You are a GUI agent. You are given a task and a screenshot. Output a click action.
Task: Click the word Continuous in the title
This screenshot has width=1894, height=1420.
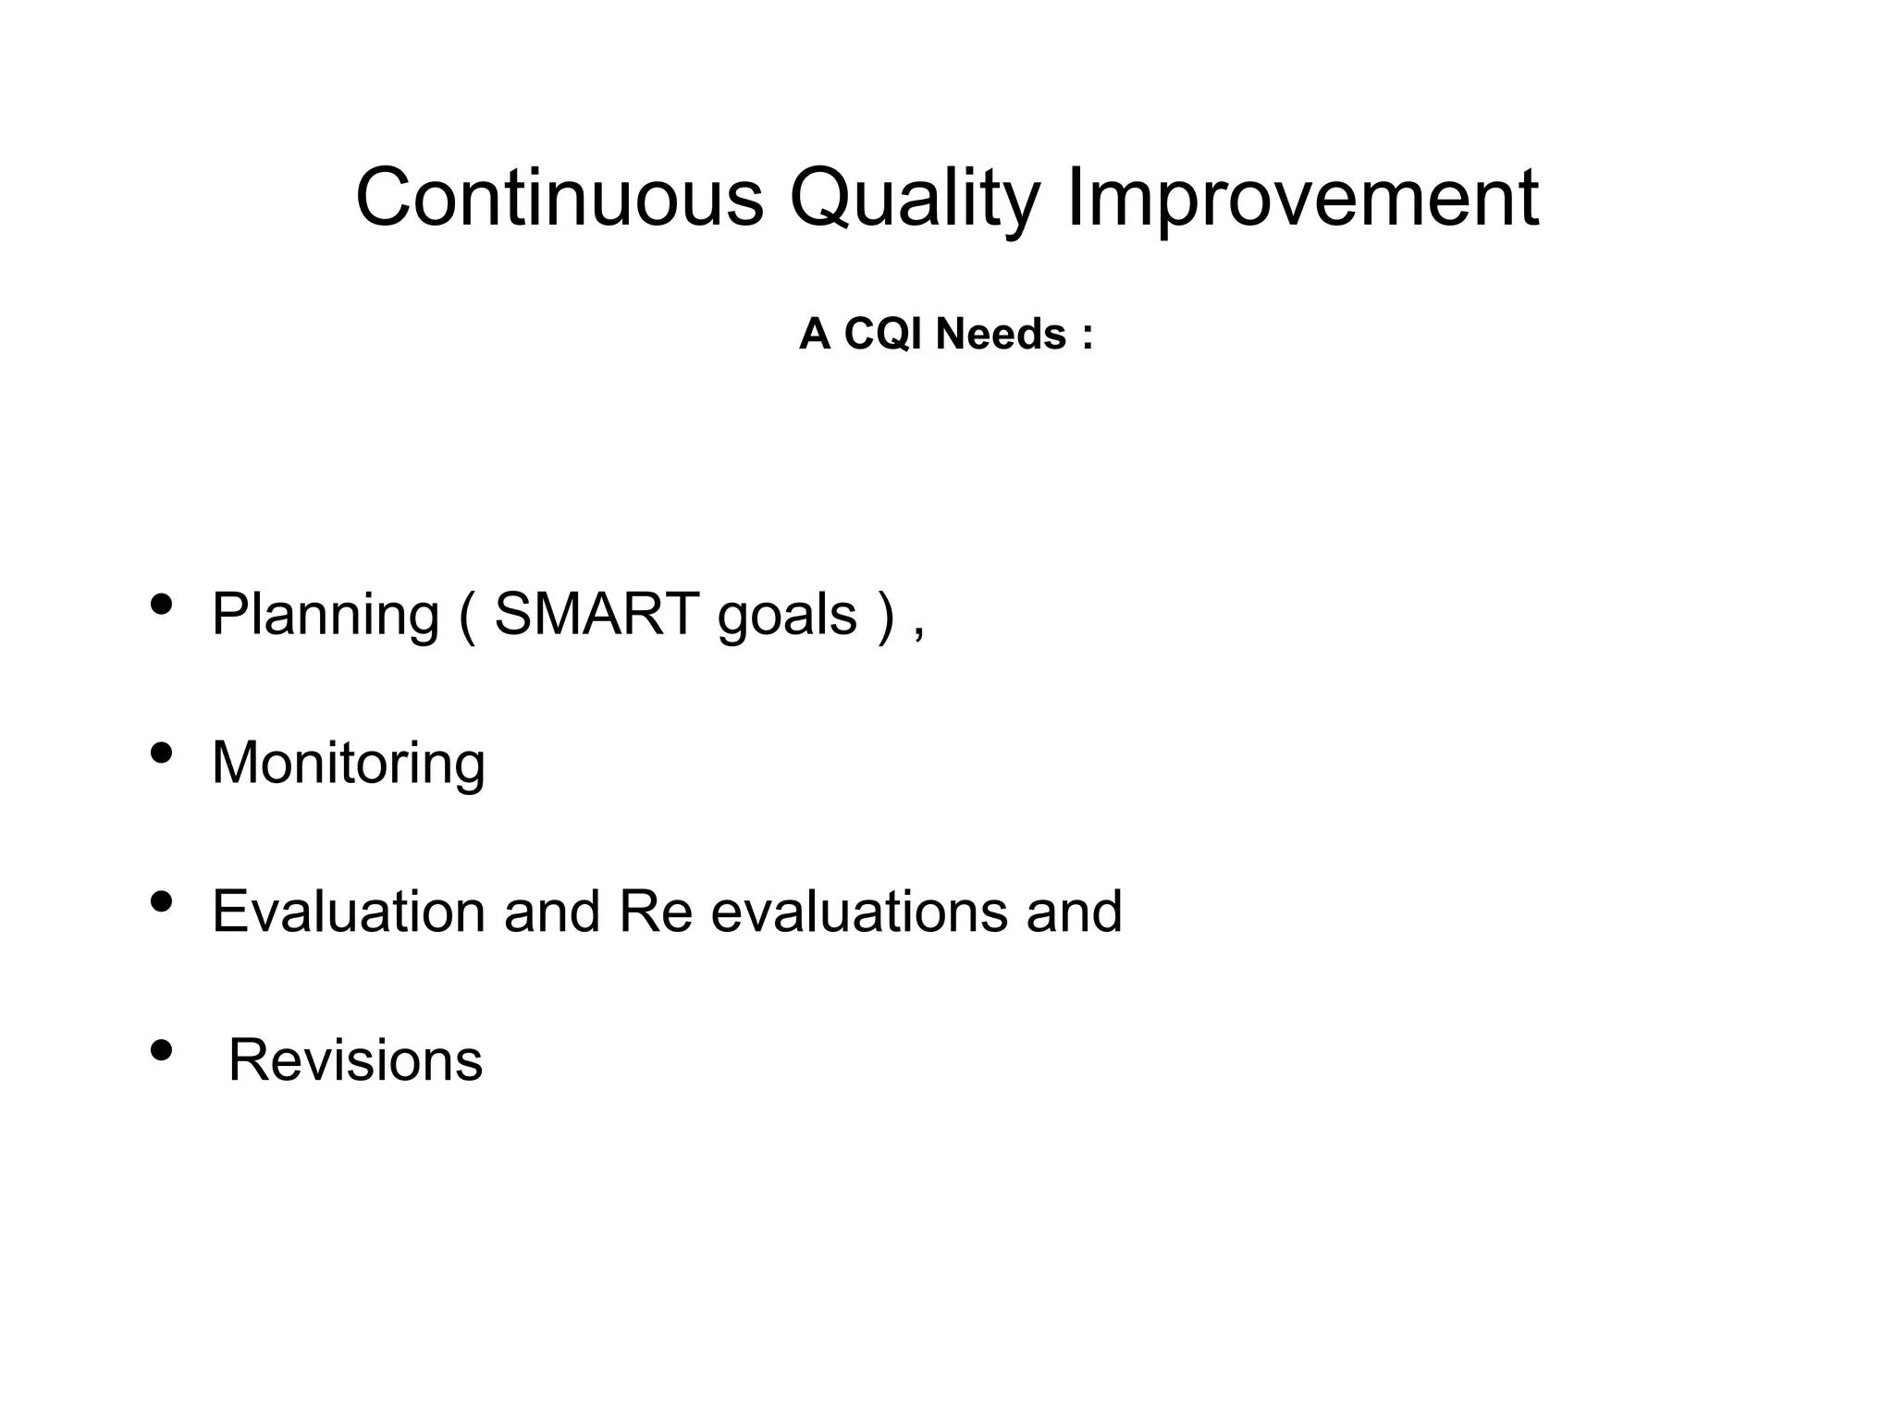pyautogui.click(x=560, y=197)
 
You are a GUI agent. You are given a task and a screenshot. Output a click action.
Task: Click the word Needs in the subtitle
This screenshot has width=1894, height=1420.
pyautogui.click(x=1001, y=334)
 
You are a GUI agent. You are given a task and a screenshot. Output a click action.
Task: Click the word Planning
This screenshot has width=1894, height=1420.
pyautogui.click(x=325, y=616)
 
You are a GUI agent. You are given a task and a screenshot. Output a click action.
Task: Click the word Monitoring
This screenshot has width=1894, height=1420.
pyautogui.click(x=348, y=764)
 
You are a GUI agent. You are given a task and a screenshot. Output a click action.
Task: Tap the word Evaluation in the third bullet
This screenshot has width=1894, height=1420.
pyautogui.click(x=348, y=911)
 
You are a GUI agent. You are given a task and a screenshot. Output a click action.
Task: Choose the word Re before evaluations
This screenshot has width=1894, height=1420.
pyautogui.click(x=655, y=911)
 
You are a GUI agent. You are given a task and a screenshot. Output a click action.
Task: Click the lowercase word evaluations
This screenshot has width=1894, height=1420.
pyautogui.click(x=858, y=911)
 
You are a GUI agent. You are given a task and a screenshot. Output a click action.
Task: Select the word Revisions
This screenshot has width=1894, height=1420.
pyautogui.click(x=355, y=1059)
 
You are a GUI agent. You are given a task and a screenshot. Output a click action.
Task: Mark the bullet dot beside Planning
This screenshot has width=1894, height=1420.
pyautogui.click(x=161, y=604)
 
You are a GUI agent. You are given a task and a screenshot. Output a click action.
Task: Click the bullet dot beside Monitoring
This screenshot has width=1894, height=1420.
pyautogui.click(x=161, y=753)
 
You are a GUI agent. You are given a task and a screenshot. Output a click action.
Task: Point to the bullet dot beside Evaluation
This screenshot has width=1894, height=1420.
pyautogui.click(x=161, y=900)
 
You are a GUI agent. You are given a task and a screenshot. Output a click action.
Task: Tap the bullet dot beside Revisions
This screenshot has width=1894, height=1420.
pyautogui.click(x=161, y=1049)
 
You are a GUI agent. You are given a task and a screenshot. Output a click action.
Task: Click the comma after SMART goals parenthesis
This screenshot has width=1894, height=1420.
pyautogui.click(x=918, y=634)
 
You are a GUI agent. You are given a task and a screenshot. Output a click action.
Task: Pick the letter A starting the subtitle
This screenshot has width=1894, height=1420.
pyautogui.click(x=815, y=334)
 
